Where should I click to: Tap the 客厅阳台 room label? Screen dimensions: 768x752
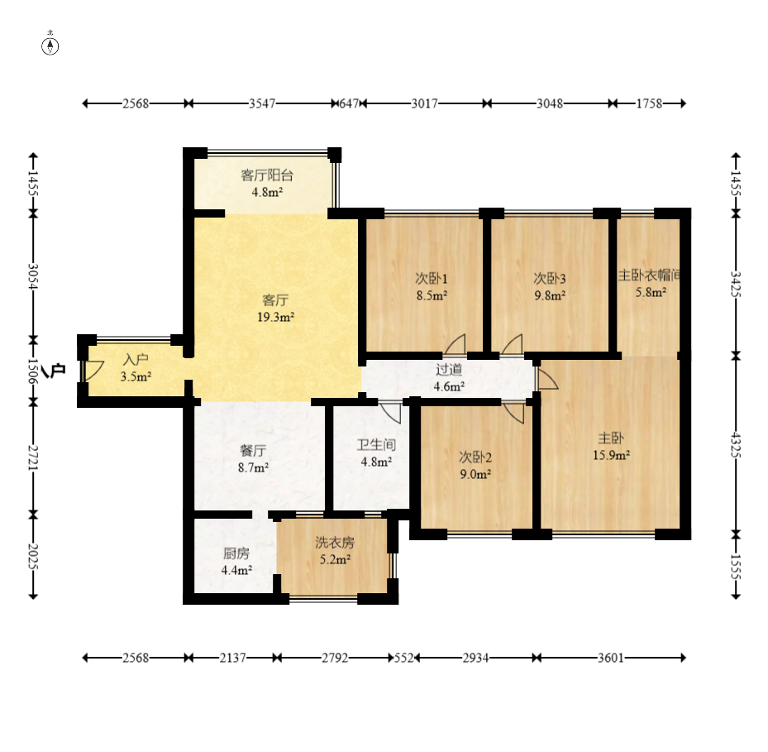tap(267, 175)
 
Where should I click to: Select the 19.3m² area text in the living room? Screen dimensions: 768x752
tap(276, 317)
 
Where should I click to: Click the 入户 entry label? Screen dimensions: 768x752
tap(136, 360)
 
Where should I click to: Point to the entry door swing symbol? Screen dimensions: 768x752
tap(93, 371)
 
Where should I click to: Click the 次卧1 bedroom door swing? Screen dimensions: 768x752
tap(455, 344)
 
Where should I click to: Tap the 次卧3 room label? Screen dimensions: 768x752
tap(550, 279)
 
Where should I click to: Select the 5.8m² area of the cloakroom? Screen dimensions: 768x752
tap(651, 292)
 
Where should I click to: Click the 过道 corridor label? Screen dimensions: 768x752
tap(449, 369)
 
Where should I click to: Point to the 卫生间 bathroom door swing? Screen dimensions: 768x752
tap(390, 413)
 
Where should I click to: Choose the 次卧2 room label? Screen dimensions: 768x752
tap(475, 457)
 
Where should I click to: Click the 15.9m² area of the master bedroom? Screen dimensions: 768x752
tap(611, 455)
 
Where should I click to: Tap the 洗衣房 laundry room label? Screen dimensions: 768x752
tap(335, 542)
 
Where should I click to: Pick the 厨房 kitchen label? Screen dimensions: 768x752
tap(236, 553)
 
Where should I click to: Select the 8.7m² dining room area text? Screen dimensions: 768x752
tap(253, 467)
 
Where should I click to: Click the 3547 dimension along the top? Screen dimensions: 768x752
tap(262, 103)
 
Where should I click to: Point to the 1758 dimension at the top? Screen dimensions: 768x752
tap(649, 103)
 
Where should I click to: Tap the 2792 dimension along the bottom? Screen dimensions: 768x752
tap(335, 658)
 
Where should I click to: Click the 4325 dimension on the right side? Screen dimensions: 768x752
tap(736, 444)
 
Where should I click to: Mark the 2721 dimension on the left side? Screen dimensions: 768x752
tap(33, 457)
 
